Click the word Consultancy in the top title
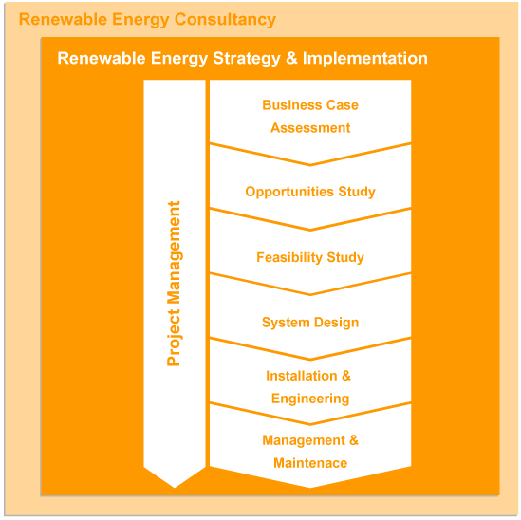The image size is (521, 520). pos(225,20)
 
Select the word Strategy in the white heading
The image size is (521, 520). pos(247,59)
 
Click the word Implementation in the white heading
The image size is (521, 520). pos(364,59)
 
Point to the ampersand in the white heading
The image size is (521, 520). pos(291,58)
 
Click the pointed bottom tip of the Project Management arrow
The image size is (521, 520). pos(175,487)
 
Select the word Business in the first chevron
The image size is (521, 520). pos(292,105)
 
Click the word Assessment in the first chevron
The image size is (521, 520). pos(310,128)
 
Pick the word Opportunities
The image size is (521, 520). pos(289,192)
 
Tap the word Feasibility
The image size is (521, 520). pos(289,257)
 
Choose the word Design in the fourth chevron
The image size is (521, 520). pos(337,323)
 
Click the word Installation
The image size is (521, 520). pos(302,376)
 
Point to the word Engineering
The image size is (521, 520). pos(310,399)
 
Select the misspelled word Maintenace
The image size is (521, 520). pos(310,463)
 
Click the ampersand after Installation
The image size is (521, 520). pos(346,376)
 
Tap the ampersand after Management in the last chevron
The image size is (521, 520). pos(354,440)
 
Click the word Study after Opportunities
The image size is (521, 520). pos(357,192)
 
